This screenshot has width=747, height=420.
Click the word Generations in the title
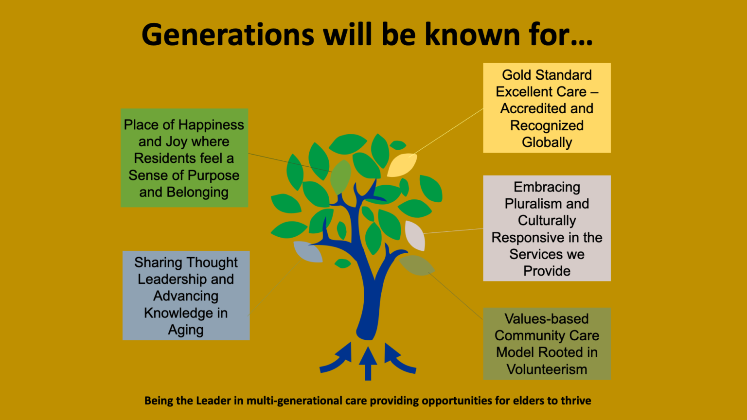(228, 35)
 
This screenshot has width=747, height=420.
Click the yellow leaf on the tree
(402, 165)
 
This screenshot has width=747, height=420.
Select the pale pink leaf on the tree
(415, 235)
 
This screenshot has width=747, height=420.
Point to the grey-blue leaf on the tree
(308, 251)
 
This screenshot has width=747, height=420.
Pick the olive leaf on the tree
(416, 265)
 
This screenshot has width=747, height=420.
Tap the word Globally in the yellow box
(547, 142)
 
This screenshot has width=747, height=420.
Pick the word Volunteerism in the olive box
(547, 369)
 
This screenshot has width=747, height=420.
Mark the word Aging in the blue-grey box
(186, 330)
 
